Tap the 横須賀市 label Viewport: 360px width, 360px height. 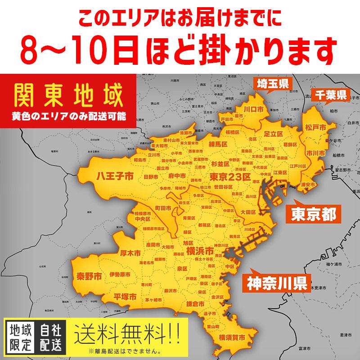232,337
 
